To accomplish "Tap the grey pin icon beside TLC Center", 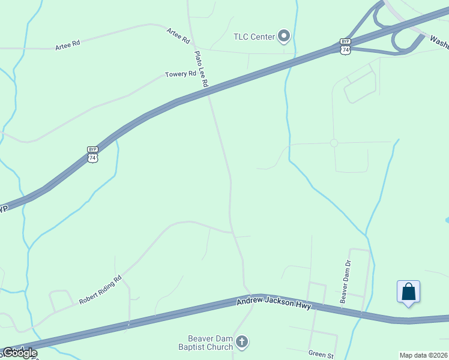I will coord(284,37).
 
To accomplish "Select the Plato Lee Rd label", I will coord(200,70).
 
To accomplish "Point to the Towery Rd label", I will coord(181,74).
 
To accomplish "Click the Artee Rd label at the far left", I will coord(67,46).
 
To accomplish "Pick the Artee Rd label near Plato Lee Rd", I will coord(178,36).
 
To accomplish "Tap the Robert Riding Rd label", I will coord(100,290).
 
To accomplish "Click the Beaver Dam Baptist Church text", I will coord(205,343).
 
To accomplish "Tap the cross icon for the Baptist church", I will coord(242,343).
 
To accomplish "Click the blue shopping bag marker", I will coord(408,292).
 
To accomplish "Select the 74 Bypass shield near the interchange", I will coord(345,46).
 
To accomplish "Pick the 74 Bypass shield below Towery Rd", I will coord(92,154).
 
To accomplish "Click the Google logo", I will coord(19,353).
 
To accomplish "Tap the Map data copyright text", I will coord(423,355).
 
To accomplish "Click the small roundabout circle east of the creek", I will coord(334,143).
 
